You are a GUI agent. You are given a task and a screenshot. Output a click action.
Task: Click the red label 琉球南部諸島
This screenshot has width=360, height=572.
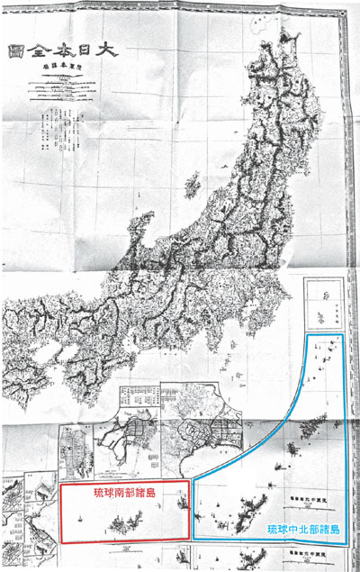126,494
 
